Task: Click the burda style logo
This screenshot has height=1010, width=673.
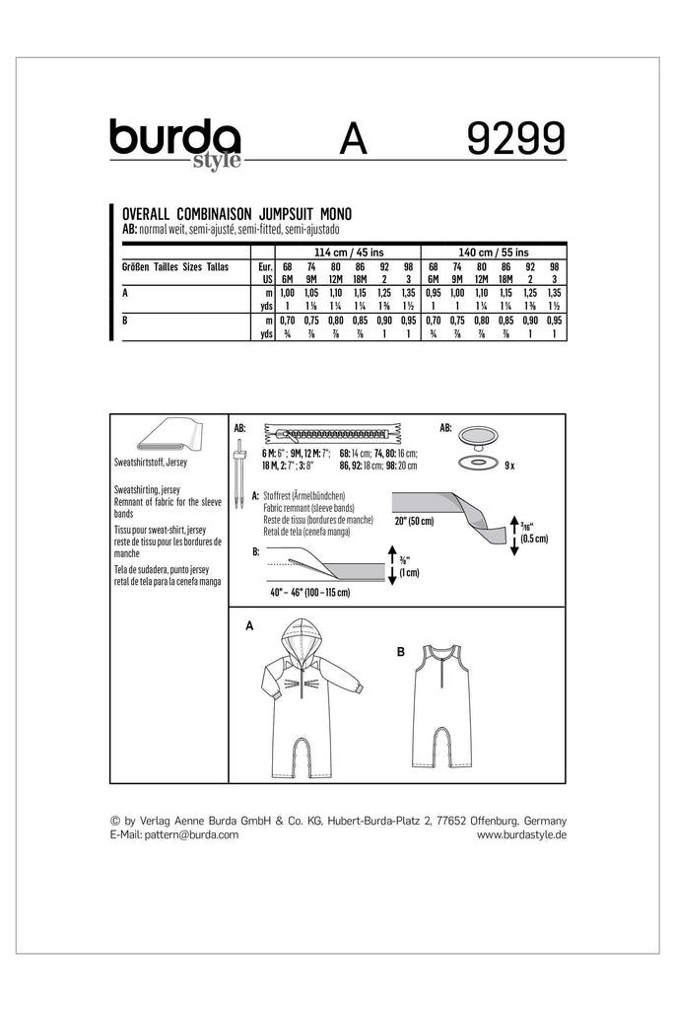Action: click(174, 143)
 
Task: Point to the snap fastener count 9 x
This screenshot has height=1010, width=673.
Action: click(507, 462)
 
